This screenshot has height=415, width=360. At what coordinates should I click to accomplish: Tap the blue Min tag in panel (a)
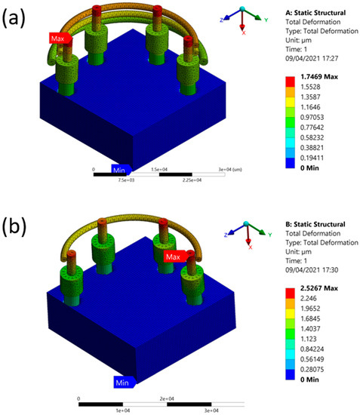coord(122,168)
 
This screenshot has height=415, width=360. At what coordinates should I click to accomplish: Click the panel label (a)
coord(17,17)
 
